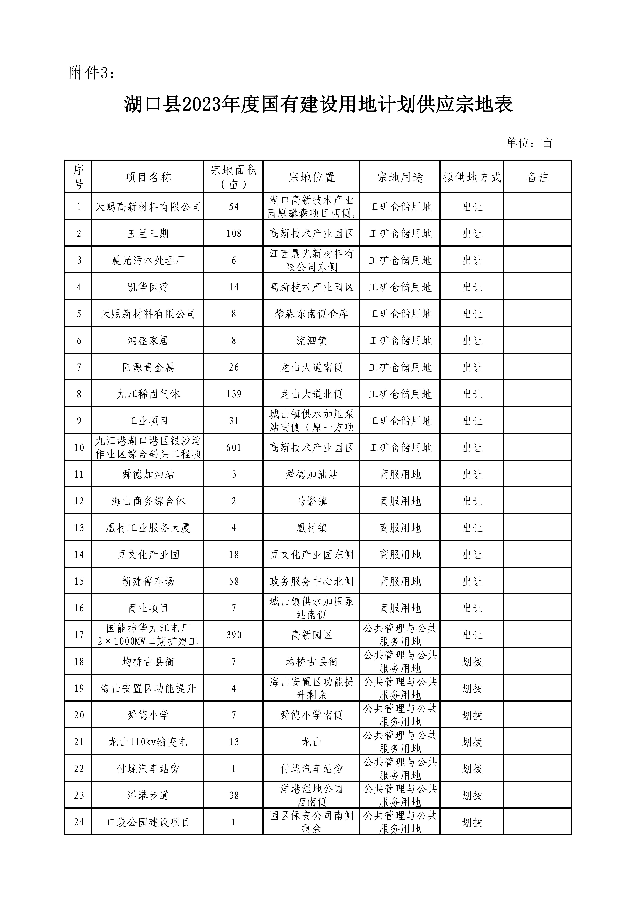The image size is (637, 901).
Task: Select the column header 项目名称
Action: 148,177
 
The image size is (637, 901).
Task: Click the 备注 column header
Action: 537,177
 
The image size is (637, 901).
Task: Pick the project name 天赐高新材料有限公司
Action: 148,207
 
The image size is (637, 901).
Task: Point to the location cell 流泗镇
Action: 311,341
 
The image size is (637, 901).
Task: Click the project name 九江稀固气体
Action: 148,394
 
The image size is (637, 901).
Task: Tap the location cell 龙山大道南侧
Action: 311,367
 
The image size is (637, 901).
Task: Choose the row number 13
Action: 79,528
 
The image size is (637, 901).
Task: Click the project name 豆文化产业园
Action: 148,554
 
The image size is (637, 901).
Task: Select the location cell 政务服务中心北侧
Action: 311,581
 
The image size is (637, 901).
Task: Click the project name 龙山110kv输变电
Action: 148,742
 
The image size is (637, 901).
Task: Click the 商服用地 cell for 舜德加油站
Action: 400,474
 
